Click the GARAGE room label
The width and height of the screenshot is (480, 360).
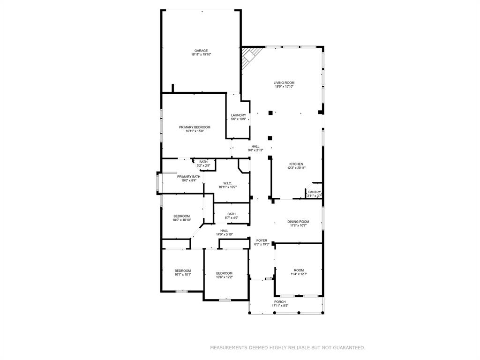pyautogui.click(x=201, y=51)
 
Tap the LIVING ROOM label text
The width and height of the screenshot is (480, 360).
pyautogui.click(x=284, y=82)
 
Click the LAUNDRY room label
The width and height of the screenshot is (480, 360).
pyautogui.click(x=239, y=115)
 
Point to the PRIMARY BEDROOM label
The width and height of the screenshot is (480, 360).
pyautogui.click(x=195, y=127)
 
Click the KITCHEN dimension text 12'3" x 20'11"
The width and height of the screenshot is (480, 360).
pyautogui.click(x=296, y=168)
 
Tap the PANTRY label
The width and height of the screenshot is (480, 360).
pyautogui.click(x=315, y=192)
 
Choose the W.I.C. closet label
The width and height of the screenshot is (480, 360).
pyautogui.click(x=227, y=183)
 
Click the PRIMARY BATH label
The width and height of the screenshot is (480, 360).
pyautogui.click(x=188, y=177)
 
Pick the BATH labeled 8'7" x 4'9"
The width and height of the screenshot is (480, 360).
pyautogui.click(x=232, y=214)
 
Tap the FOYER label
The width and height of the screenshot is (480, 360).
pyautogui.click(x=262, y=240)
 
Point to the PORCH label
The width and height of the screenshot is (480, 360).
pyautogui.click(x=280, y=302)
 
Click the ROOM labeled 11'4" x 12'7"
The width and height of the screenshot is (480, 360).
pyautogui.click(x=299, y=270)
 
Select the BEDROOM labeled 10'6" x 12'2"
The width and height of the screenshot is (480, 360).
pyautogui.click(x=224, y=273)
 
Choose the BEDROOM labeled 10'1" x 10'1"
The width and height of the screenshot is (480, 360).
pyautogui.click(x=183, y=270)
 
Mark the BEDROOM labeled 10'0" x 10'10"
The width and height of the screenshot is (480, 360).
pyautogui.click(x=181, y=216)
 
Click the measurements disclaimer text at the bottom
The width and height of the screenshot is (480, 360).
pyautogui.click(x=287, y=348)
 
